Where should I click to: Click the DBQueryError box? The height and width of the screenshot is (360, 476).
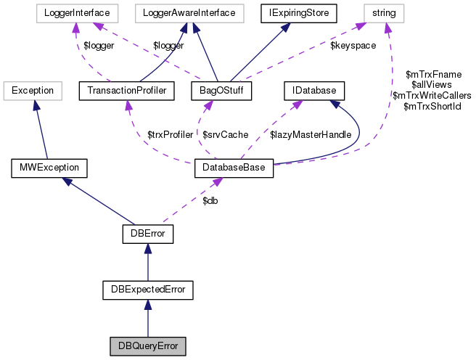(148, 345)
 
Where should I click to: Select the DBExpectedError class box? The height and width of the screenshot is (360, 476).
(148, 290)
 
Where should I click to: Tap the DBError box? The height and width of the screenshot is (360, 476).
(148, 234)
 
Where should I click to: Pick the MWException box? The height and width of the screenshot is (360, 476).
(49, 169)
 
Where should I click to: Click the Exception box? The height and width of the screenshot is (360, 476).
(32, 91)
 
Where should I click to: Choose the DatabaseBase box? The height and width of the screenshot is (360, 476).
(234, 169)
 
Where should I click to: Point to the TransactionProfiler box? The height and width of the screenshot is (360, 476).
(127, 91)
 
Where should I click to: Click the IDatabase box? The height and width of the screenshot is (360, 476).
(313, 91)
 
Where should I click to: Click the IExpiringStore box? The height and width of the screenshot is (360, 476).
(290, 12)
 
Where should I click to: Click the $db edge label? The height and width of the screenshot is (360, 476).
(210, 200)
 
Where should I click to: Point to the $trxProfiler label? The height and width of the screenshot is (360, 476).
(171, 135)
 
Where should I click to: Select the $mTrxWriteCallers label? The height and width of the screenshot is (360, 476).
(432, 95)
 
